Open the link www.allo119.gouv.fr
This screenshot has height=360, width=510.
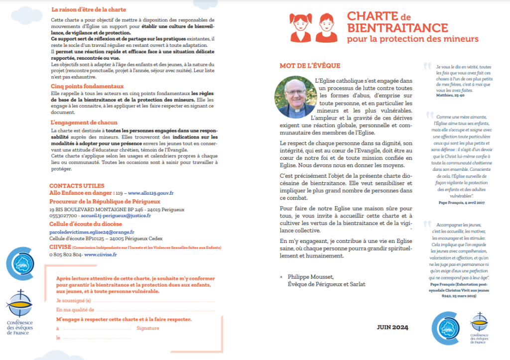coord(150,193)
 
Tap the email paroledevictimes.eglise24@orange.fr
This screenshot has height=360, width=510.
coord(92,232)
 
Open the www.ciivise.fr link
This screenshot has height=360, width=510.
coord(101,254)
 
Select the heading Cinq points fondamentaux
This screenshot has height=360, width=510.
coord(87,86)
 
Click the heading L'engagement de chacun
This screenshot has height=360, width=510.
coord(84,122)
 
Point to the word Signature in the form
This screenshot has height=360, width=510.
coord(148,328)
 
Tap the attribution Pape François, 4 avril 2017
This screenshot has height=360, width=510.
coord(461,203)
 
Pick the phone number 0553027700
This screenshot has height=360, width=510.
coord(63,217)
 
